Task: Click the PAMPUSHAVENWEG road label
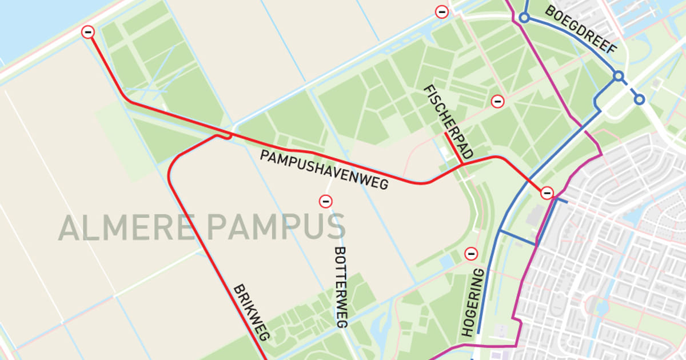point(324,170)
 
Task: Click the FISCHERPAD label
point(449,122)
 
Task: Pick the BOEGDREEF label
point(581,30)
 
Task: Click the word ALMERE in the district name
point(128,227)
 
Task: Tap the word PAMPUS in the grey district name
point(276,227)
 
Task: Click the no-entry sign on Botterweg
point(326,201)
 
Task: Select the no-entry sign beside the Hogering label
point(471,253)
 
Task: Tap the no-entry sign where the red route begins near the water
point(88,32)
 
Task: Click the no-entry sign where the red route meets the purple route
point(548,193)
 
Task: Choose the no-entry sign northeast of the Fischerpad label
point(498,102)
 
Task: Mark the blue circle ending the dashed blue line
point(639,99)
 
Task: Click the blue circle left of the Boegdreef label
point(524,18)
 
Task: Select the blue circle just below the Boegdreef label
point(617,75)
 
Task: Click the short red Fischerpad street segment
point(453,148)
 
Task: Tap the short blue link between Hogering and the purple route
point(518,238)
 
